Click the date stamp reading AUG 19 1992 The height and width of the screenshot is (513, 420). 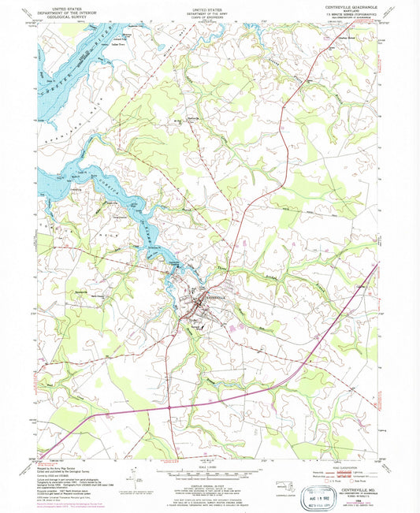[328, 498]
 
